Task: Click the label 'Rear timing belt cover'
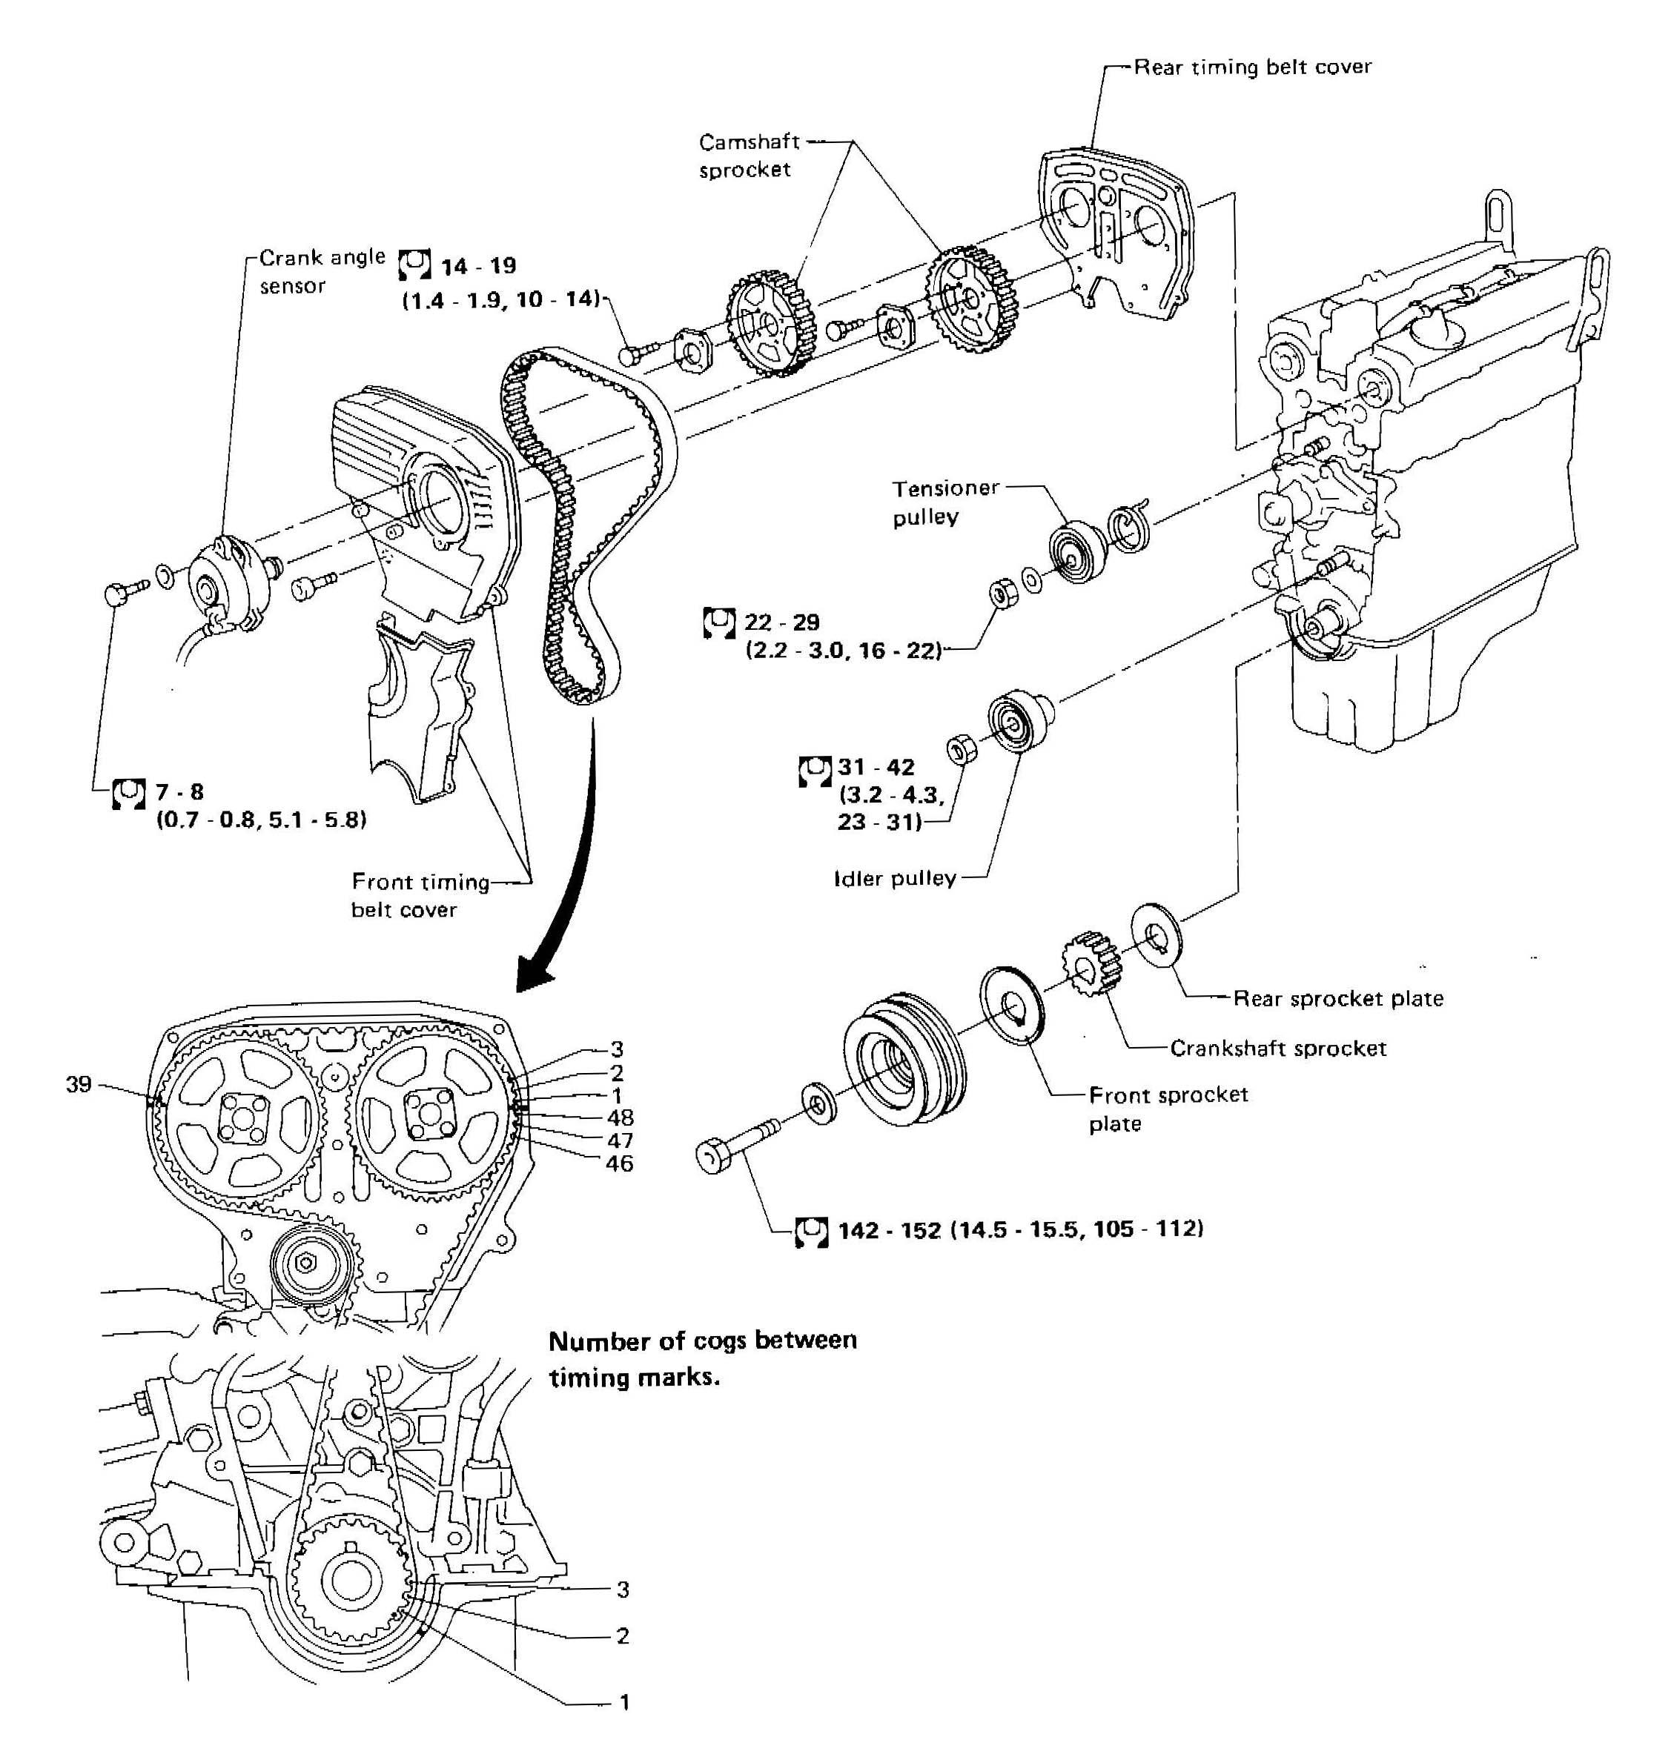(1251, 67)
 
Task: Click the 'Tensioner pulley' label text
(945, 502)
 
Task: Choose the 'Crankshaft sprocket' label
(1277, 1048)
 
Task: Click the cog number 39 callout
(79, 1083)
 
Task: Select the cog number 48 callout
(620, 1117)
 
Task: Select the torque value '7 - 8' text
(179, 791)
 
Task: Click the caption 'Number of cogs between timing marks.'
(702, 1359)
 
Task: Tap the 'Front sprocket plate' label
(1167, 1108)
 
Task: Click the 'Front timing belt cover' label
(419, 895)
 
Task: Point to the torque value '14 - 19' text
(478, 265)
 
